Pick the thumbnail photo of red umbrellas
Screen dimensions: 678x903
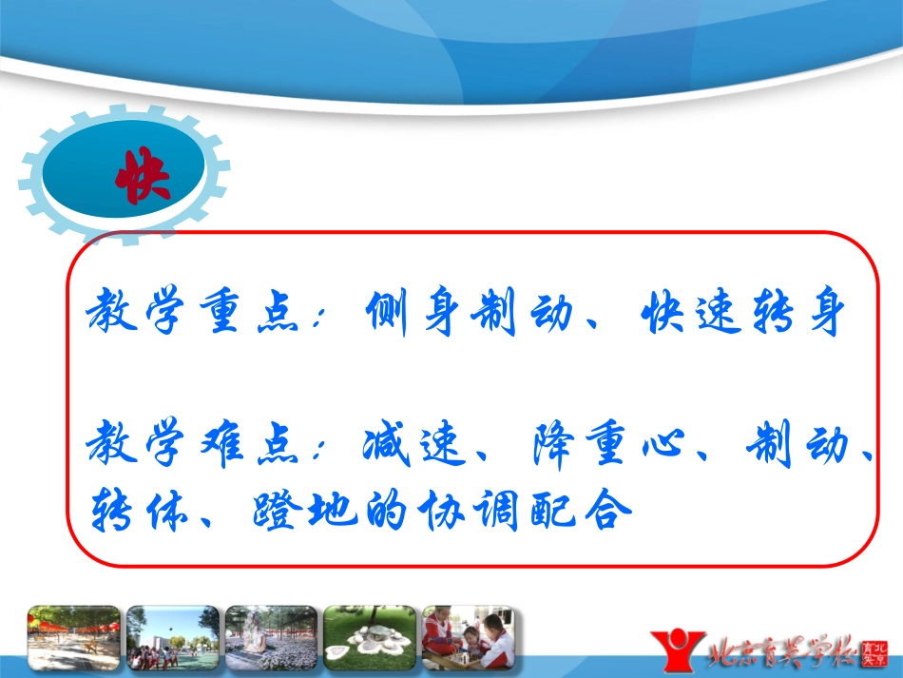tap(74, 638)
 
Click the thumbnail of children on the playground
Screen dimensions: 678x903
tap(172, 638)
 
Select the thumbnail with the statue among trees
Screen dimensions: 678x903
tap(271, 638)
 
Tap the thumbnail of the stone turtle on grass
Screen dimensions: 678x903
tap(369, 638)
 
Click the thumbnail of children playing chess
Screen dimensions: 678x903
tap(468, 638)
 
